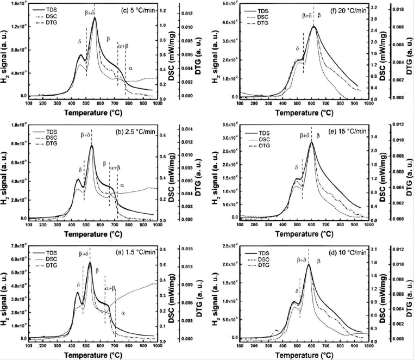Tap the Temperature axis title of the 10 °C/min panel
[308, 354]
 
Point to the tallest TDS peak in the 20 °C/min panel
[313, 26]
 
